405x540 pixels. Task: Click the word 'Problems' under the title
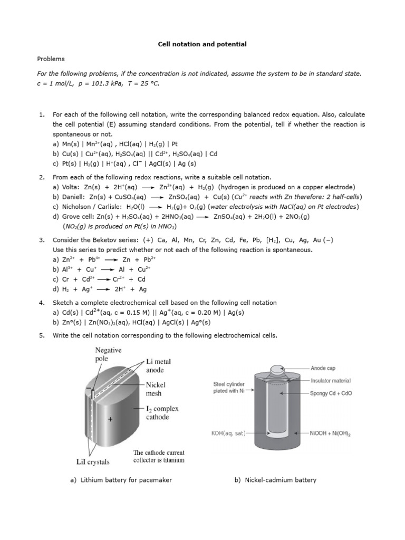[x=50, y=59]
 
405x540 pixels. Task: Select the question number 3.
[x=41, y=240]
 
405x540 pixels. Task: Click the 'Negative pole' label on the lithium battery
[x=108, y=354]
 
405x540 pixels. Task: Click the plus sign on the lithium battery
[x=110, y=420]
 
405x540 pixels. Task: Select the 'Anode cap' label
[x=323, y=368]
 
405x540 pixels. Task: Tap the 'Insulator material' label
[x=331, y=380]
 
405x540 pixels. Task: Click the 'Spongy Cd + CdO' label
[x=331, y=393]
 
